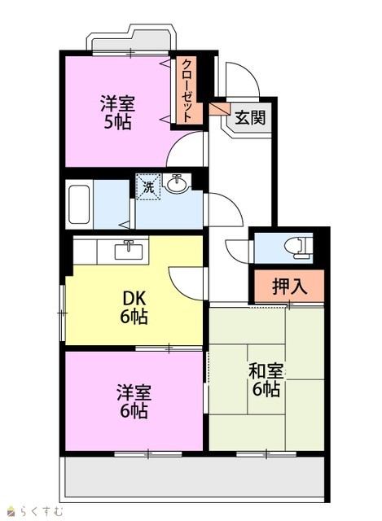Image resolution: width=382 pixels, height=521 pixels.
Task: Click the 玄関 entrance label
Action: pos(250,117)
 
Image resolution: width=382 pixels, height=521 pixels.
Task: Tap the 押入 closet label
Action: pos(289,286)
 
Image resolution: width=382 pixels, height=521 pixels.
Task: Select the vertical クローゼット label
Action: pos(187,90)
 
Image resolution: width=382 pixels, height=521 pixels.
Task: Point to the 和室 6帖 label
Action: pos(266,380)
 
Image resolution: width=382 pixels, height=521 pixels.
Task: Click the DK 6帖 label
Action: pos(134,308)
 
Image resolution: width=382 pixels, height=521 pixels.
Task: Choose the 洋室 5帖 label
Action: pos(117,112)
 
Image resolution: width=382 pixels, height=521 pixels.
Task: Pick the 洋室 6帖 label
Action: pos(134,401)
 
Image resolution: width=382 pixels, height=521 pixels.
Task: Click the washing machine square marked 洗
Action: pos(148,187)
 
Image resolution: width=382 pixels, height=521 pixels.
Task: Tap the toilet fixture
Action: pos(298,247)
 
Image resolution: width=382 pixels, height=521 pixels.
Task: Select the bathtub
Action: pos(79,204)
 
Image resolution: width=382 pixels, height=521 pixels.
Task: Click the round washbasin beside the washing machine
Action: pos(178,184)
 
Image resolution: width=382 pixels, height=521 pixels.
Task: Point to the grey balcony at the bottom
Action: pos(195,477)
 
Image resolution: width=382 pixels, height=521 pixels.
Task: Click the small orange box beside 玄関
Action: pos(219,109)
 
